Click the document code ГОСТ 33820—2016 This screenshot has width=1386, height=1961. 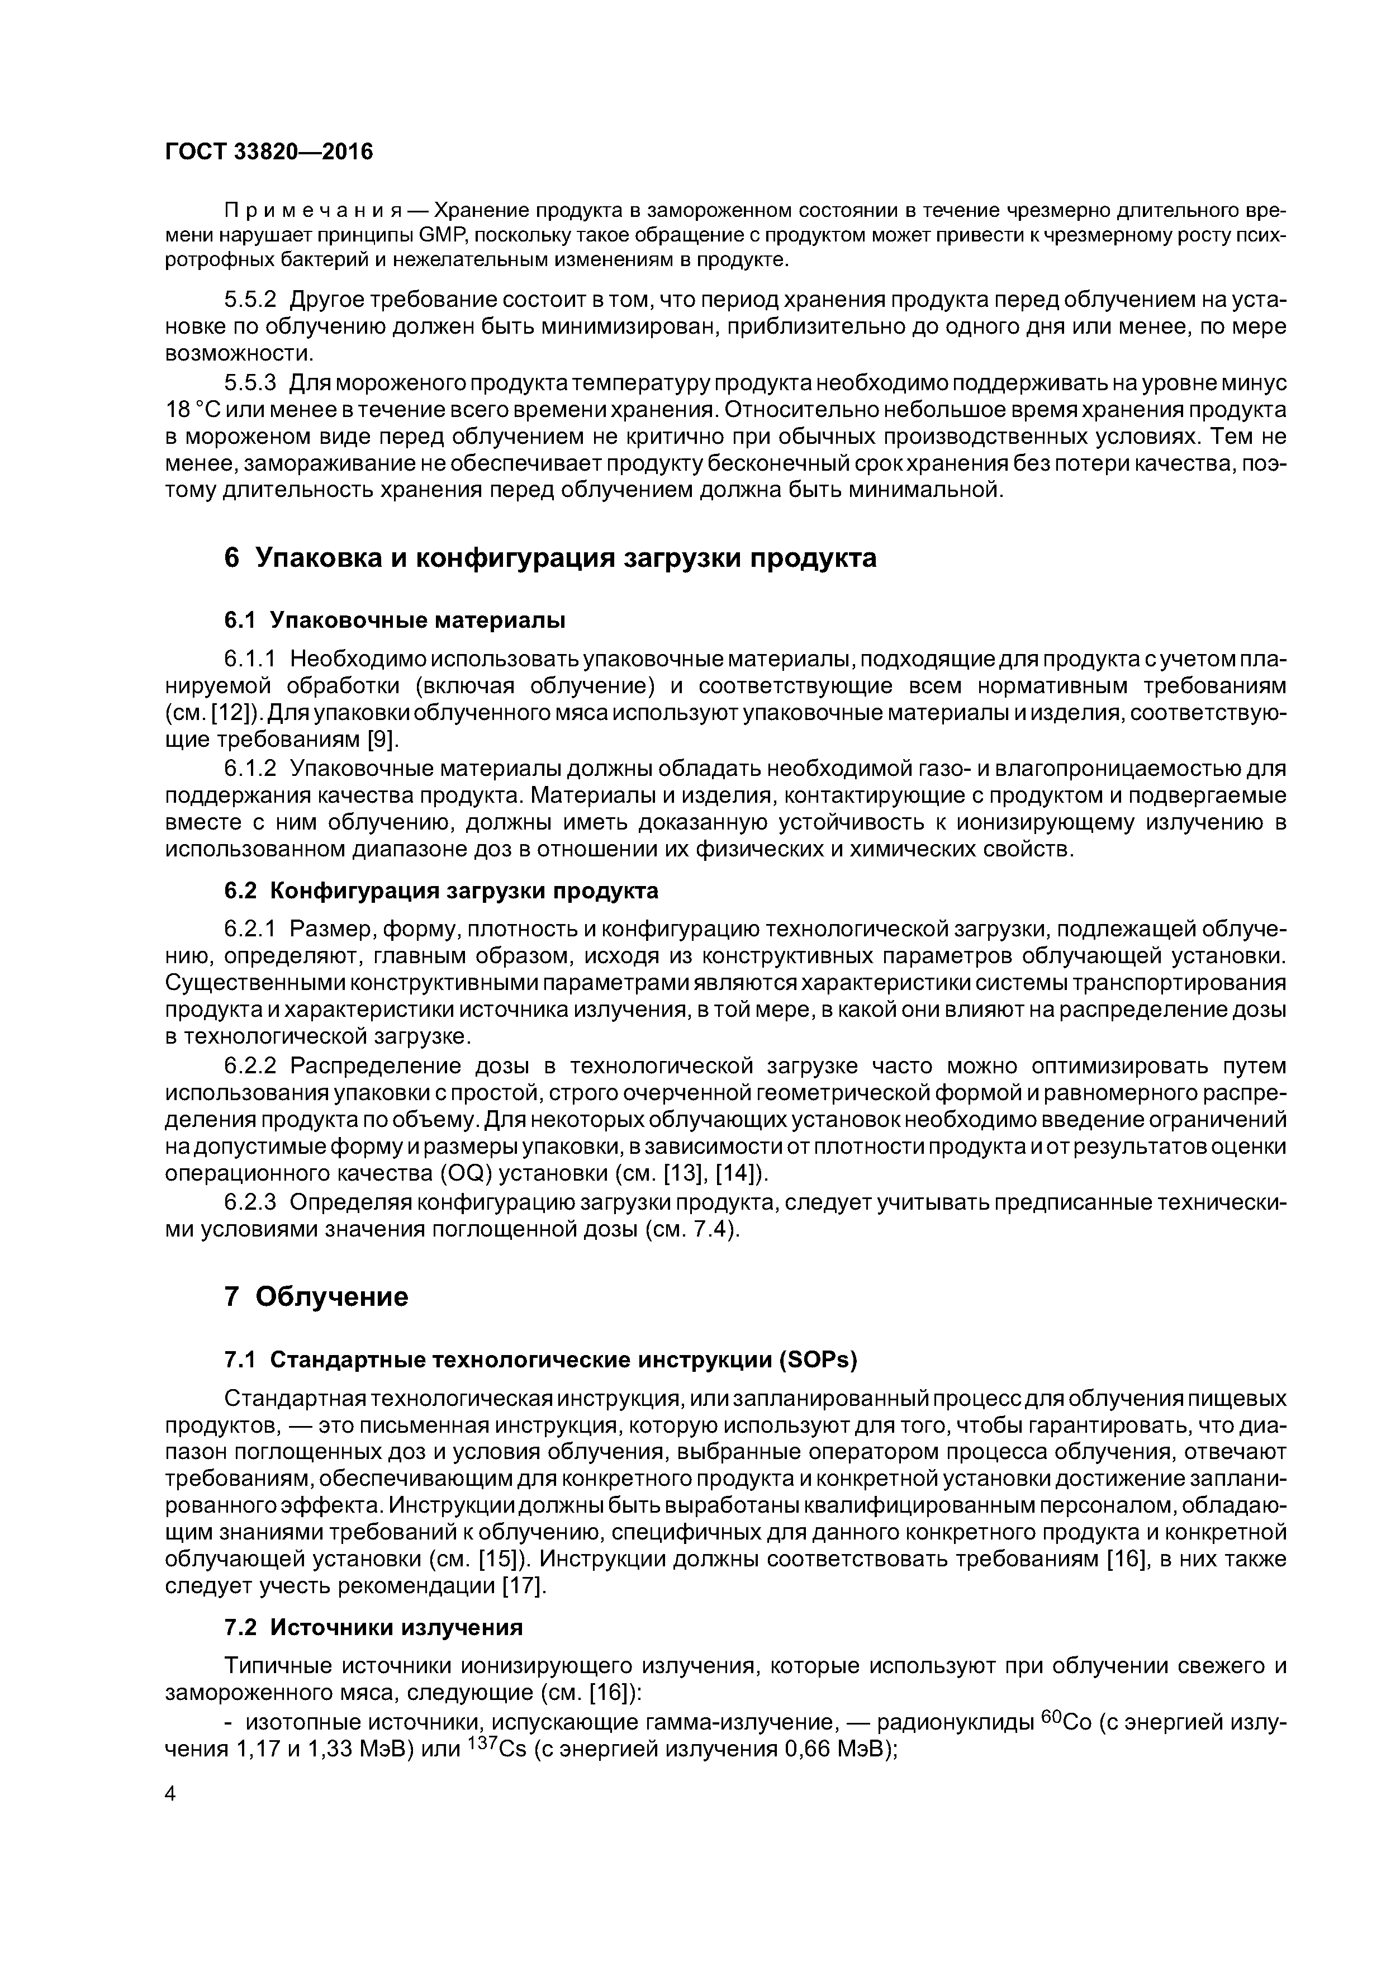(269, 152)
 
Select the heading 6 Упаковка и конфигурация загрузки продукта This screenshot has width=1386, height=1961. (550, 558)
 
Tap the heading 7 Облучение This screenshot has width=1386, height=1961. (316, 1296)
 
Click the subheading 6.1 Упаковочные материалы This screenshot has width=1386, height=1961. (395, 619)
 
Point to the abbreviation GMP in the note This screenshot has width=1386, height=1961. (417, 235)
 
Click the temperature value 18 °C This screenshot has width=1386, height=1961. (189, 409)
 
